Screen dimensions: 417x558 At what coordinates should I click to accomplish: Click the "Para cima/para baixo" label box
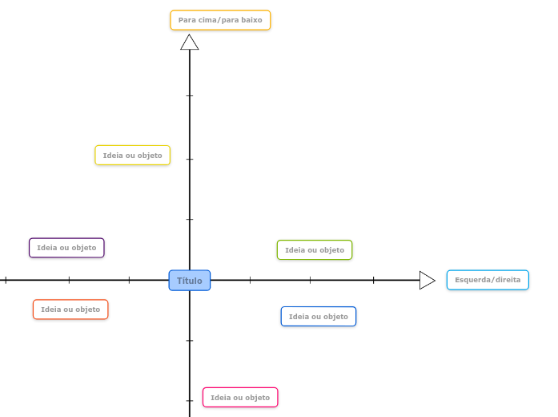220,20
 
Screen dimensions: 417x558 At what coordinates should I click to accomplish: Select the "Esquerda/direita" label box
488,280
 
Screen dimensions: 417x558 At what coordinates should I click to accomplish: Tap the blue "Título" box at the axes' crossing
190,281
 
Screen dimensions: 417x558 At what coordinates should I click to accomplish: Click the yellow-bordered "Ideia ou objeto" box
133,156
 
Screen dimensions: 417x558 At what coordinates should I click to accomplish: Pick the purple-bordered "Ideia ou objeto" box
66,248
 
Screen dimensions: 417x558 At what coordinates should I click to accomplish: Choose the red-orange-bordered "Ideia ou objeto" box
70,310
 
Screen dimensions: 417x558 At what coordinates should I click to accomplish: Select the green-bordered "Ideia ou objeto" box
315,250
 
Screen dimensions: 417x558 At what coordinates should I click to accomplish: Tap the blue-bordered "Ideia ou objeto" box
319,317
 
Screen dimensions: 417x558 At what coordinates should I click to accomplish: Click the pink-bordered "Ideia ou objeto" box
240,398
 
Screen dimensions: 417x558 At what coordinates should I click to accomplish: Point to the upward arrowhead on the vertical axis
190,43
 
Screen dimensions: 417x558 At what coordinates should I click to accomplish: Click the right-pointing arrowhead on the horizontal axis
427,280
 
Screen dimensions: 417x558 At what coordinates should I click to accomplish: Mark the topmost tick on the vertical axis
190,95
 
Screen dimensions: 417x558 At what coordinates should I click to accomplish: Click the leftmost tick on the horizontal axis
6,280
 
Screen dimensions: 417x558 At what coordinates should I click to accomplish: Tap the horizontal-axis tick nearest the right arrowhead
373,280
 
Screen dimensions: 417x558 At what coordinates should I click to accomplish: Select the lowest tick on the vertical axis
190,400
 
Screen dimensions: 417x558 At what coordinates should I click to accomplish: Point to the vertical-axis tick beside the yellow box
190,159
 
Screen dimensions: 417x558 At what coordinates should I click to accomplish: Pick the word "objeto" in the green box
332,250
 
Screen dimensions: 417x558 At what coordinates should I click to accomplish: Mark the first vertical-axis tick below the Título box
190,340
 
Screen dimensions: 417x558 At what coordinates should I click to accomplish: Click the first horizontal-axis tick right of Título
250,280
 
